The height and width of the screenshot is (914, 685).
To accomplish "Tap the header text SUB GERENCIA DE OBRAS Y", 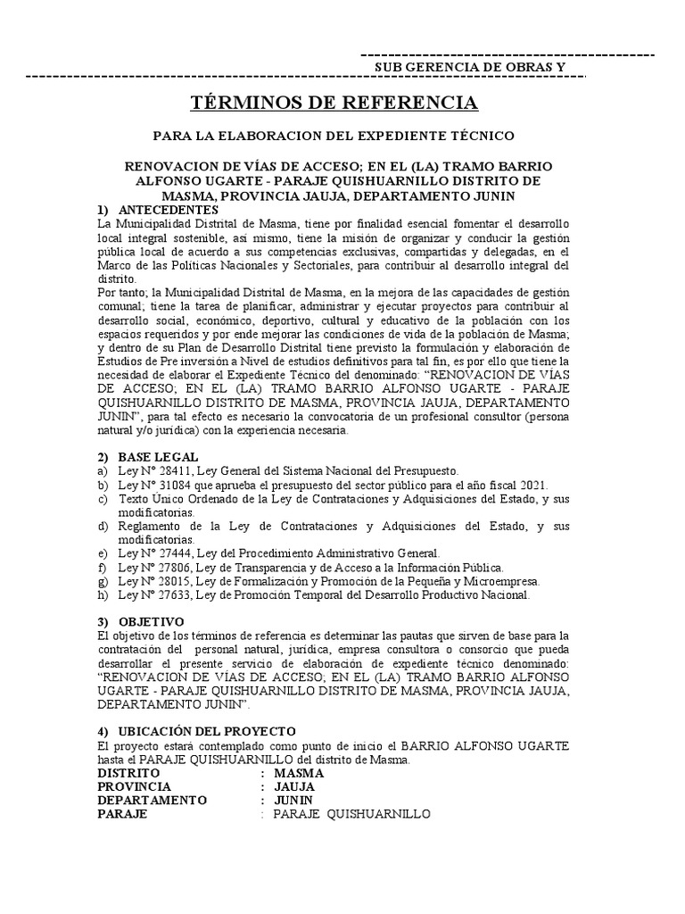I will point(468,68).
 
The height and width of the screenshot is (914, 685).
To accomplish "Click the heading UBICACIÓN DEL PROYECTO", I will point(207,731).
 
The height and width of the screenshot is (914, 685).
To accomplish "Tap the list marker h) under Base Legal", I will point(103,594).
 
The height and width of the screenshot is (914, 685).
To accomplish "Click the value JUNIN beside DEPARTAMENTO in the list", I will point(294,800).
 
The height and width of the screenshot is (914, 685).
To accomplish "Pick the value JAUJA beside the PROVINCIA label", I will point(295,786).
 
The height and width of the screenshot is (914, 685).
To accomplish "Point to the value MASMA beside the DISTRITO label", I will point(299,773).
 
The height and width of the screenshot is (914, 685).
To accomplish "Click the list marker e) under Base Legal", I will point(103,553).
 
